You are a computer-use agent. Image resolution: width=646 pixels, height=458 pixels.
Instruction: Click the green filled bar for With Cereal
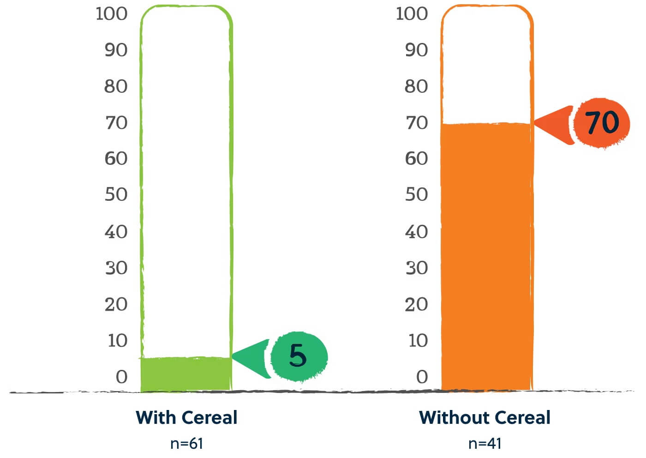(x=185, y=374)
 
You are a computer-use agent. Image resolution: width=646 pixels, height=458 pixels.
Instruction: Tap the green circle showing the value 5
(x=299, y=356)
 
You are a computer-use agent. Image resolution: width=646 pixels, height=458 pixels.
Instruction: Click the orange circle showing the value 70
(x=602, y=123)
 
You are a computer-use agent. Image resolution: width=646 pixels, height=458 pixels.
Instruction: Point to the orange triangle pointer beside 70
(x=554, y=124)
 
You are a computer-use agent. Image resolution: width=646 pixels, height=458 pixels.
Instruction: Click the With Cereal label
(x=186, y=417)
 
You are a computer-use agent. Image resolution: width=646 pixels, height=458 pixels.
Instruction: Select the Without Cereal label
(x=484, y=417)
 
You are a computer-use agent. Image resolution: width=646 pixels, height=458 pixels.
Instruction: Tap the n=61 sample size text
(x=186, y=443)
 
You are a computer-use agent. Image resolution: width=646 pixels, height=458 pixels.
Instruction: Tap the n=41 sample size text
(x=484, y=443)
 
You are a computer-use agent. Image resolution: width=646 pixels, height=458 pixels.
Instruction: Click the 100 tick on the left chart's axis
(x=112, y=14)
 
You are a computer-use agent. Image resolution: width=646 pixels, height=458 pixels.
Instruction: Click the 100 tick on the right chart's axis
(x=412, y=14)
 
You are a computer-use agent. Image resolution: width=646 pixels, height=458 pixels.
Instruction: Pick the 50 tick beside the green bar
(x=116, y=194)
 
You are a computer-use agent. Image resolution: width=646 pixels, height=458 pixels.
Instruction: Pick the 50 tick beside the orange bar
(x=416, y=194)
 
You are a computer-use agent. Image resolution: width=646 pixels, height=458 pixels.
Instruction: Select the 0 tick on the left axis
(x=121, y=377)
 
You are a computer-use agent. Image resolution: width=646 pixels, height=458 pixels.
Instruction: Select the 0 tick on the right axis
(x=422, y=377)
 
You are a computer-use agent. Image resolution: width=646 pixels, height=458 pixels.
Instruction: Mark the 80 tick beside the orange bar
(x=416, y=86)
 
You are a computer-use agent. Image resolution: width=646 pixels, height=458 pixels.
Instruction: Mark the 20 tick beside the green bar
(x=116, y=304)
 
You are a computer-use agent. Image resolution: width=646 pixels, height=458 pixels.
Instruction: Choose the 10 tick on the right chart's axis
(x=418, y=341)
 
